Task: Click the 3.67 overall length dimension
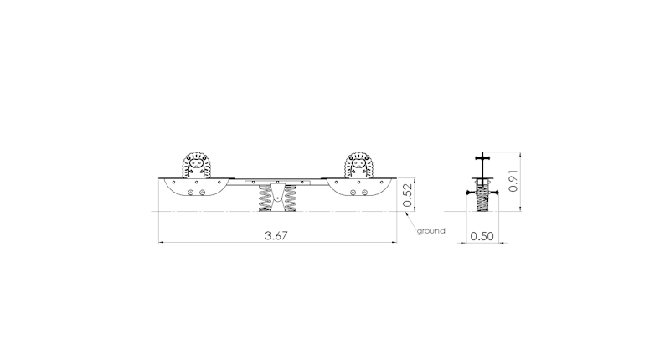(x=276, y=235)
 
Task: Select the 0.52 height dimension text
(x=408, y=195)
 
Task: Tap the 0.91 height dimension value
(x=513, y=181)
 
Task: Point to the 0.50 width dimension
(x=482, y=236)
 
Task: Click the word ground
(x=431, y=231)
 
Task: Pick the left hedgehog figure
(x=197, y=165)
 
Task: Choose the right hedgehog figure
(x=359, y=165)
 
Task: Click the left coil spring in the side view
(x=265, y=198)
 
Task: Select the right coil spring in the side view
(x=291, y=198)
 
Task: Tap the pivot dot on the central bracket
(x=278, y=198)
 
